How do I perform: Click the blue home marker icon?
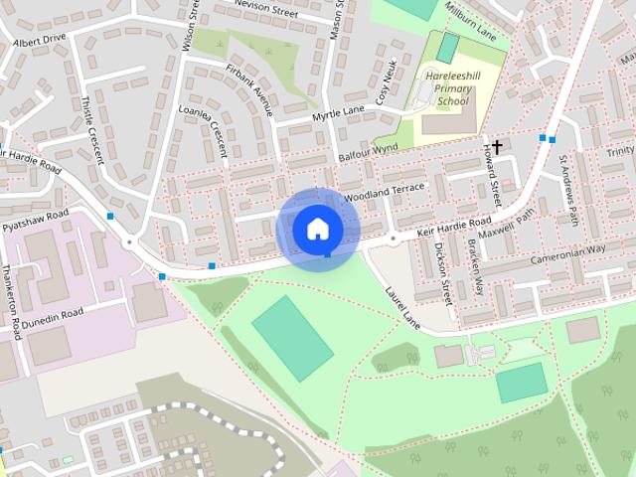[x=317, y=229]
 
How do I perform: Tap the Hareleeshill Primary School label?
[x=453, y=88]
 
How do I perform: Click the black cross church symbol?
[x=497, y=146]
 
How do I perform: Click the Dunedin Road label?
[x=55, y=315]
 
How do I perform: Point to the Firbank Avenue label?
[x=248, y=89]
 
